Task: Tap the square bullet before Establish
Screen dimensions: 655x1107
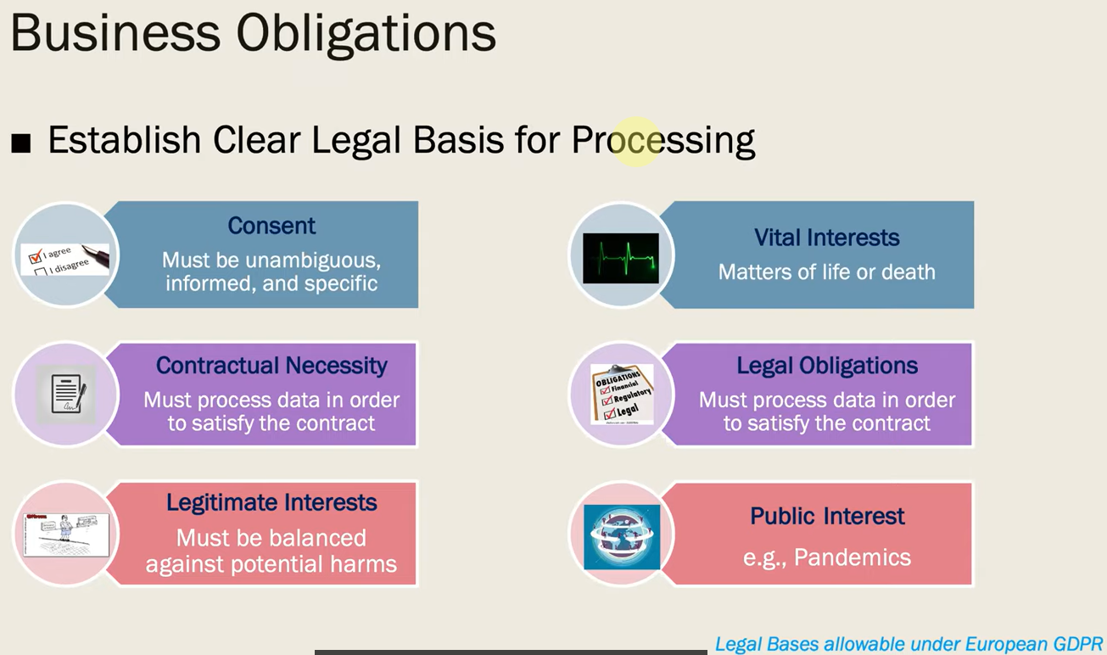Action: pyautogui.click(x=20, y=143)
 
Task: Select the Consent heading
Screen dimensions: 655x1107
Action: pyautogui.click(x=271, y=226)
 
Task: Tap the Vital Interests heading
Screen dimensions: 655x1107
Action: pyautogui.click(x=827, y=238)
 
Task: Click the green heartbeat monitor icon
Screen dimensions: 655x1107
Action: pyautogui.click(x=620, y=258)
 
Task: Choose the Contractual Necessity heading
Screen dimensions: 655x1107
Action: pyautogui.click(x=271, y=366)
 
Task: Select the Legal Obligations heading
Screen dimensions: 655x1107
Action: pyautogui.click(x=827, y=366)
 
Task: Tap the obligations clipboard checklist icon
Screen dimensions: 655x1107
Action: pyautogui.click(x=622, y=394)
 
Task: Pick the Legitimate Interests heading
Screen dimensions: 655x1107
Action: pyautogui.click(x=271, y=502)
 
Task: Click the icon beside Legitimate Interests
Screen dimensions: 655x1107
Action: pyautogui.click(x=66, y=534)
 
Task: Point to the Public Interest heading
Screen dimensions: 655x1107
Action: pyautogui.click(x=827, y=516)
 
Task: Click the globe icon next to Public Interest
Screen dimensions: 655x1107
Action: pyautogui.click(x=622, y=536)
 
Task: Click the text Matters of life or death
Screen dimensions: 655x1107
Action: pyautogui.click(x=827, y=272)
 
